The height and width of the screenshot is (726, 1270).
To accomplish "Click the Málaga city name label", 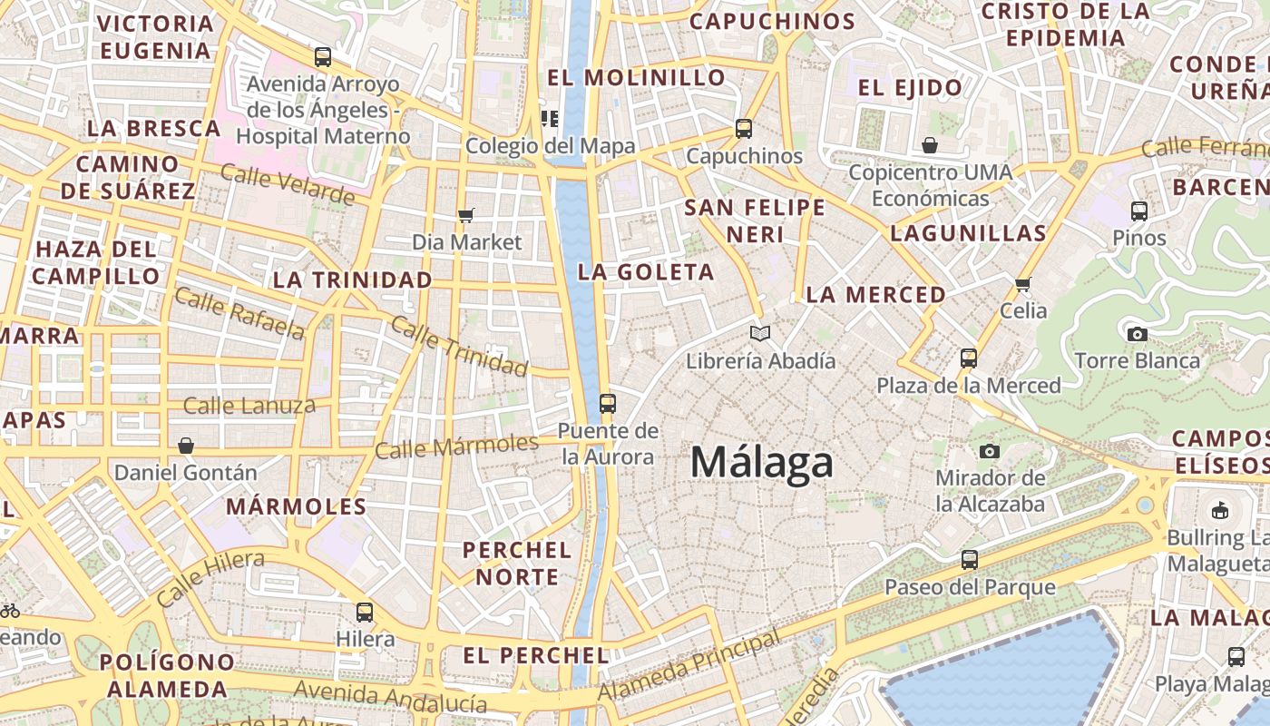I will click(762, 462).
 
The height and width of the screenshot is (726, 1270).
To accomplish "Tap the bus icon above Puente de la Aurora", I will click(608, 403).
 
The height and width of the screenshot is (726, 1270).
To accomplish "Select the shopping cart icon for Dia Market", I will click(466, 215).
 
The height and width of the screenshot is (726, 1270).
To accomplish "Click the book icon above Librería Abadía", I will click(760, 334).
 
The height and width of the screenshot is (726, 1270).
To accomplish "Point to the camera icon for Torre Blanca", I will click(1137, 334).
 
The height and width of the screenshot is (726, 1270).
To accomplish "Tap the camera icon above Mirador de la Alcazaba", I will click(990, 451).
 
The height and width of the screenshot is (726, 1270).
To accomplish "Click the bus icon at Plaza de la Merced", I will click(969, 358).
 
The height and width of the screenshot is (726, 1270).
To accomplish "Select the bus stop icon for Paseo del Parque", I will click(970, 559).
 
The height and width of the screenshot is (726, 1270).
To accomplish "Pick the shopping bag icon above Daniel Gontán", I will click(186, 446).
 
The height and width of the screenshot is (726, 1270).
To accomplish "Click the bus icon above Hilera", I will click(365, 612).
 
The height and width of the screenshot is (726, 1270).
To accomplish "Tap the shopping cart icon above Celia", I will click(1023, 284).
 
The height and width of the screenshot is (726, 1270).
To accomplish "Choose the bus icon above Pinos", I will click(1139, 211).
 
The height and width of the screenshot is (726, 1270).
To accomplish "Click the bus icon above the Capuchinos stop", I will click(744, 129).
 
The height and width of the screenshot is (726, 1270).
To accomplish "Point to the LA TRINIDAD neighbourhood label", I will click(353, 280).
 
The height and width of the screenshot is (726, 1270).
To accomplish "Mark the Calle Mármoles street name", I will click(456, 446).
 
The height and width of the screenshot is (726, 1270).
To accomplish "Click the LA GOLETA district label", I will click(646, 271).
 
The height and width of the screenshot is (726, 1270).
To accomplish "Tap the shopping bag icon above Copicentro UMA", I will click(930, 145).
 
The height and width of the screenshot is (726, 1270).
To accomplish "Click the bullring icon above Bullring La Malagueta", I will click(1220, 511).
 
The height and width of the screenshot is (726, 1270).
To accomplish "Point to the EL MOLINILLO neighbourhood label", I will click(637, 77).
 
